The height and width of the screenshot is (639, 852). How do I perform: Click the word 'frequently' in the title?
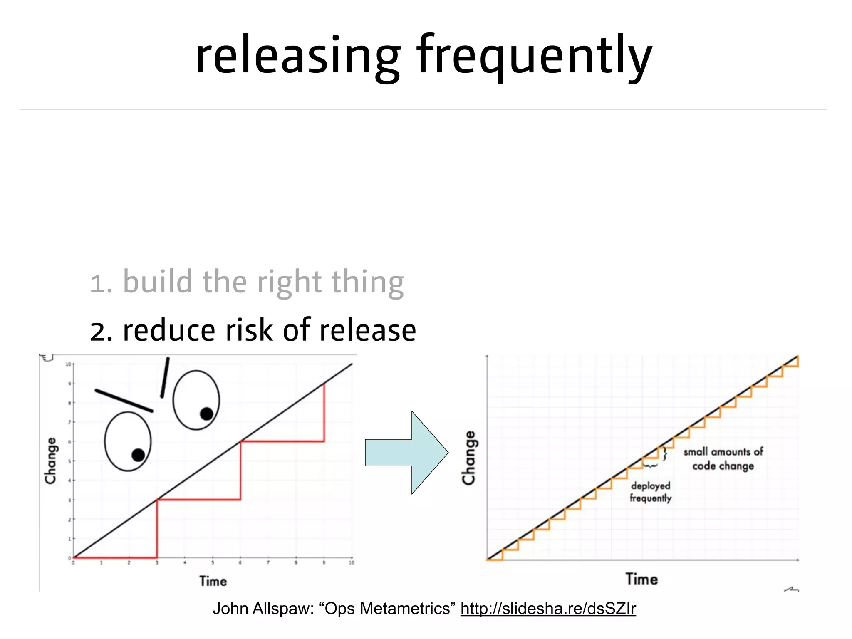(x=534, y=56)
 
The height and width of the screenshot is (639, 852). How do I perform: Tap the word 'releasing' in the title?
(x=297, y=56)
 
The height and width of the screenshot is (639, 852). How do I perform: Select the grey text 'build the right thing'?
(x=263, y=282)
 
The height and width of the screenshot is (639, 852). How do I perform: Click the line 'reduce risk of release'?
(x=269, y=330)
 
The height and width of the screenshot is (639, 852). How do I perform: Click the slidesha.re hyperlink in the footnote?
(x=548, y=609)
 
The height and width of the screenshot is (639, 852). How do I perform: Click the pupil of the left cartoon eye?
(x=138, y=455)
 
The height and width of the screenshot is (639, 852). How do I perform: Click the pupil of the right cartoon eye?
(x=207, y=414)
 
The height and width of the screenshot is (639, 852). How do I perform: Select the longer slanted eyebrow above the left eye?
(x=124, y=401)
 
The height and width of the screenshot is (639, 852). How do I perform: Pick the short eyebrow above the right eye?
(x=165, y=377)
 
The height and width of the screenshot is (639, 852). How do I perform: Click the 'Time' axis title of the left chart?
(x=213, y=581)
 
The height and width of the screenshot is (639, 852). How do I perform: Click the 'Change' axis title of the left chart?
(x=51, y=461)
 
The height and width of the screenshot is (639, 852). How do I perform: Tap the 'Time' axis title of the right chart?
(x=641, y=579)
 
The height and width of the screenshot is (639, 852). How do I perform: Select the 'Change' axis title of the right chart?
(x=469, y=458)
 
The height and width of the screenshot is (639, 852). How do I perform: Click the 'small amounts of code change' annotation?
(x=723, y=458)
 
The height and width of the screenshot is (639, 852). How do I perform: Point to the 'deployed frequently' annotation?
(x=651, y=492)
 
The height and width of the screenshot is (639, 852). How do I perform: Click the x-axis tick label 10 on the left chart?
(x=352, y=563)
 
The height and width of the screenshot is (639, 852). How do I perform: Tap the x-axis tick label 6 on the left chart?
(x=240, y=563)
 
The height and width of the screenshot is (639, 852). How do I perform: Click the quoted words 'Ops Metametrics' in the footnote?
(x=387, y=609)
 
